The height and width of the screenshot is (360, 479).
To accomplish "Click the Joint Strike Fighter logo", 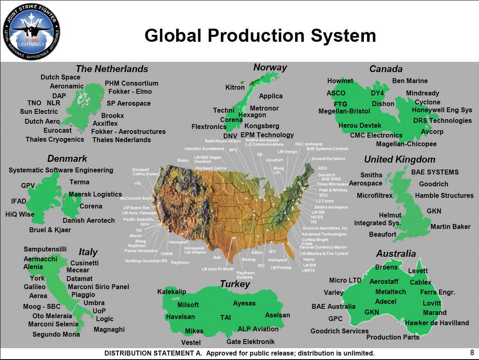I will pos(31,32).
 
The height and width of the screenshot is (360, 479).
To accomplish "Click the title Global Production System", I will pos(260,36).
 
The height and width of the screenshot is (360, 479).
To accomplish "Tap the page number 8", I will pos(472,352).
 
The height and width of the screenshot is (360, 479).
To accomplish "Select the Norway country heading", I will pos(270,67).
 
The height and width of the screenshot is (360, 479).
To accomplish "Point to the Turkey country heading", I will pos(234,284).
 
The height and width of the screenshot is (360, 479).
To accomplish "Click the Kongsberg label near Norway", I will pos(262,126).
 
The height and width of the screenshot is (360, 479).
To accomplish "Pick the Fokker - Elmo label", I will pos(130,91).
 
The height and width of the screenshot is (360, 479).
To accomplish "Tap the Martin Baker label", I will pos(450,226).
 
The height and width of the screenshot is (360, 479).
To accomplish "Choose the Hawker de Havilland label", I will pos(437,323).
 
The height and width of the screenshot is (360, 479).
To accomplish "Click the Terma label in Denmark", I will pos(79,182).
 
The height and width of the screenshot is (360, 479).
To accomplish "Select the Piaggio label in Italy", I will pos(83,294).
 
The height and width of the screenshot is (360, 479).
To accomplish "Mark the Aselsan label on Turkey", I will pos(277,315).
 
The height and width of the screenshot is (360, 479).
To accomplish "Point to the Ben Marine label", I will pos(410,81).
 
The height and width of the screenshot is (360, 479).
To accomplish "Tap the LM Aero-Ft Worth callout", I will pos(218,269).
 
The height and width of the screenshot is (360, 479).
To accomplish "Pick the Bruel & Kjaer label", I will pos(50,230).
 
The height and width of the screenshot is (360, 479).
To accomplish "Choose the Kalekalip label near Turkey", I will pos(172,292).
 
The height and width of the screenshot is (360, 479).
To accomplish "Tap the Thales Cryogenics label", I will pos(55,139).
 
